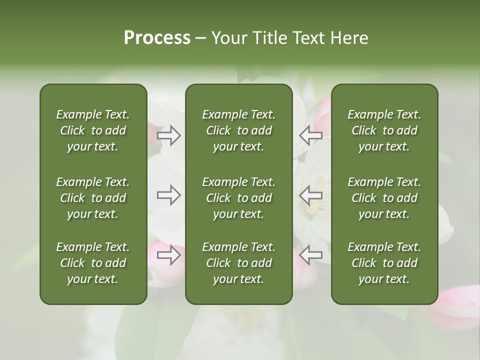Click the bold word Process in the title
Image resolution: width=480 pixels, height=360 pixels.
pyautogui.click(x=157, y=38)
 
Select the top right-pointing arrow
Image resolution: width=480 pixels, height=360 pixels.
pyautogui.click(x=169, y=135)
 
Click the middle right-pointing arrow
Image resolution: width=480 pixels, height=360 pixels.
pyautogui.click(x=169, y=195)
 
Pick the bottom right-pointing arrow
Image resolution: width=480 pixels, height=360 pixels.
pyautogui.click(x=169, y=255)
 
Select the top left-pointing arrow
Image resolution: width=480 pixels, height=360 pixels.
pyautogui.click(x=310, y=135)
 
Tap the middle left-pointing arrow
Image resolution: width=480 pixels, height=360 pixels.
pyautogui.click(x=310, y=195)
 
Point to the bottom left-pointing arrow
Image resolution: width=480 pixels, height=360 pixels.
pyautogui.click(x=310, y=255)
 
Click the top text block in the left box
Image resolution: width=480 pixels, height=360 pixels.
pyautogui.click(x=93, y=130)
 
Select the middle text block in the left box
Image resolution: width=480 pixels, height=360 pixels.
pyautogui.click(x=93, y=198)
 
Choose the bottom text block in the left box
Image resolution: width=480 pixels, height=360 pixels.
pyautogui.click(x=93, y=263)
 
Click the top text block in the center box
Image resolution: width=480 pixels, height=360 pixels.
pyautogui.click(x=238, y=130)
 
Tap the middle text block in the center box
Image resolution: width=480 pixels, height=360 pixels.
pyautogui.click(x=238, y=198)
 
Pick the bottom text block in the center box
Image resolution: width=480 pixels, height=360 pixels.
pyautogui.click(x=238, y=263)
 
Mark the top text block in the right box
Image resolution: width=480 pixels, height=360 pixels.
pyautogui.click(x=384, y=130)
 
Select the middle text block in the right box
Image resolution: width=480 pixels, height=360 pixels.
pyautogui.click(x=384, y=198)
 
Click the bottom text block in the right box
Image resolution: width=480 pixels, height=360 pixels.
pyautogui.click(x=384, y=263)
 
